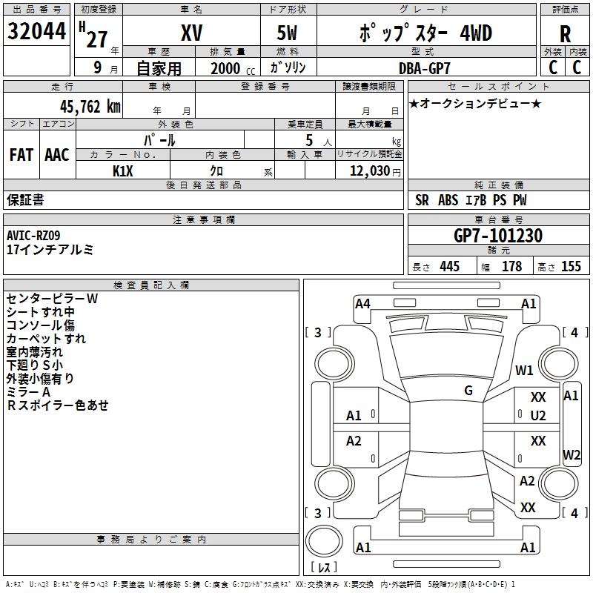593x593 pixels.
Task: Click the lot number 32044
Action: [x=36, y=31]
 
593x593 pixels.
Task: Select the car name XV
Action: [x=192, y=33]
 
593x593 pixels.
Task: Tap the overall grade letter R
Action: [x=565, y=34]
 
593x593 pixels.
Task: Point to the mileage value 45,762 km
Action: [x=90, y=107]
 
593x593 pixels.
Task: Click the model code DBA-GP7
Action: [x=425, y=68]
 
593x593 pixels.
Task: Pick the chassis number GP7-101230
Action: [x=498, y=236]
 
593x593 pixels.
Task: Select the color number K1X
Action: [x=123, y=171]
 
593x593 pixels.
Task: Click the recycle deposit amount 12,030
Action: [x=370, y=170]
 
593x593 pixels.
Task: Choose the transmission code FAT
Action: [x=21, y=155]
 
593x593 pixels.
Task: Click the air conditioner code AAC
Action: [x=57, y=155]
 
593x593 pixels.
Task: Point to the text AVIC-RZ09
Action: [x=33, y=236]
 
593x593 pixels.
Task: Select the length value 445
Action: [x=450, y=266]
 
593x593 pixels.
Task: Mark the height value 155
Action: [x=571, y=266]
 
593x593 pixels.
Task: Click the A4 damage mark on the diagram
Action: [x=362, y=304]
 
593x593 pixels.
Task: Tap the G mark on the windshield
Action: [x=468, y=390]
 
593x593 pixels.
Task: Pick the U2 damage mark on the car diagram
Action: [x=538, y=416]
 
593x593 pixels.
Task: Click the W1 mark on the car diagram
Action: [x=524, y=370]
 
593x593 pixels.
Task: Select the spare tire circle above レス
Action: [x=324, y=540]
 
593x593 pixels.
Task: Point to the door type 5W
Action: [x=287, y=33]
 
